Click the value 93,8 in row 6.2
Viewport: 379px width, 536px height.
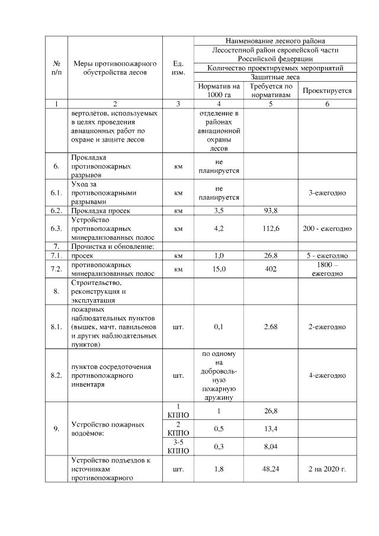tap(270, 210)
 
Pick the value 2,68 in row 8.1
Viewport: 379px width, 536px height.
tap(270, 326)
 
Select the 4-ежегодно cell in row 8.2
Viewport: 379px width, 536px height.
tap(327, 375)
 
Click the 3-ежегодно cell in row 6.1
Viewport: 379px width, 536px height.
tap(327, 193)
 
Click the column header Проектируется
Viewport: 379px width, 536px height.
tap(327, 91)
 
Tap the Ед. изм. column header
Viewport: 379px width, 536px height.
tap(178, 68)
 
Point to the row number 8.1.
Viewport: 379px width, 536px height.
tap(56, 326)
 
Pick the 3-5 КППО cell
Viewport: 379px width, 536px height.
tap(178, 447)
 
